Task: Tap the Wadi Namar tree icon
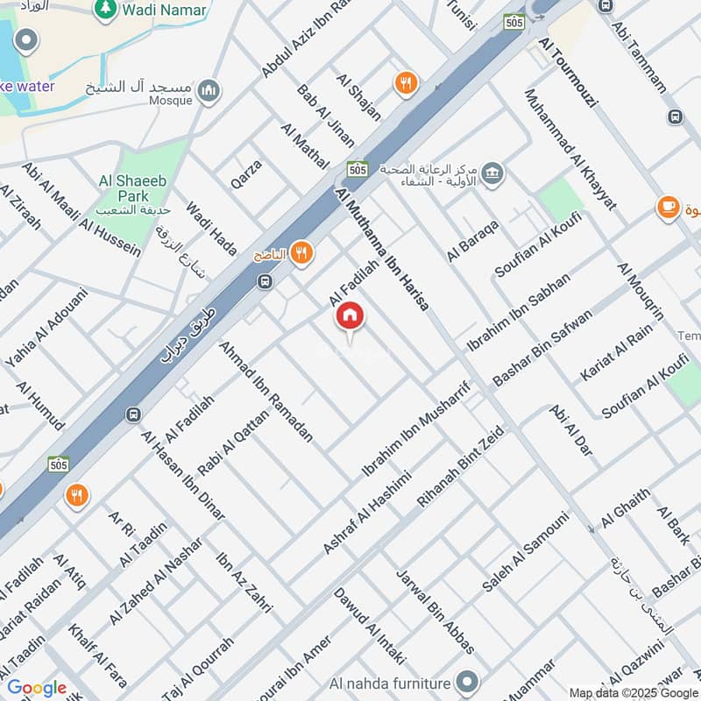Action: (x=105, y=9)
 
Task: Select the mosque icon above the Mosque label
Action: (x=208, y=89)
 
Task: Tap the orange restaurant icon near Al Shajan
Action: (x=405, y=83)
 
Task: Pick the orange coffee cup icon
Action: (x=669, y=208)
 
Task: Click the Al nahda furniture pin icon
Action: (x=468, y=682)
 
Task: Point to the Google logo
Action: (x=37, y=688)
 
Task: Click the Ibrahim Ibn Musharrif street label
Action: (x=417, y=430)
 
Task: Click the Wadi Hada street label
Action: (x=210, y=229)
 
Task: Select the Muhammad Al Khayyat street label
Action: (x=570, y=149)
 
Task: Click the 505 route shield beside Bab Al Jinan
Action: (x=357, y=168)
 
